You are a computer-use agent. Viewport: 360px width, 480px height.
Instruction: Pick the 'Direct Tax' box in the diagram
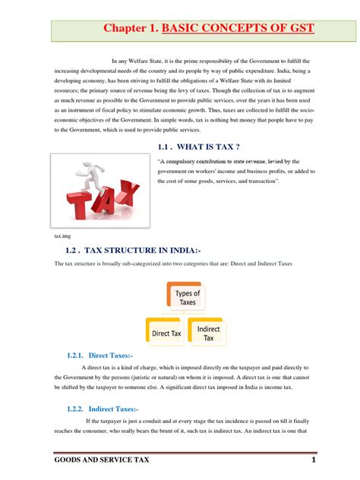coord(166,333)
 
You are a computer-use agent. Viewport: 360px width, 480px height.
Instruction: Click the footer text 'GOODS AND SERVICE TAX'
coord(104,463)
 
